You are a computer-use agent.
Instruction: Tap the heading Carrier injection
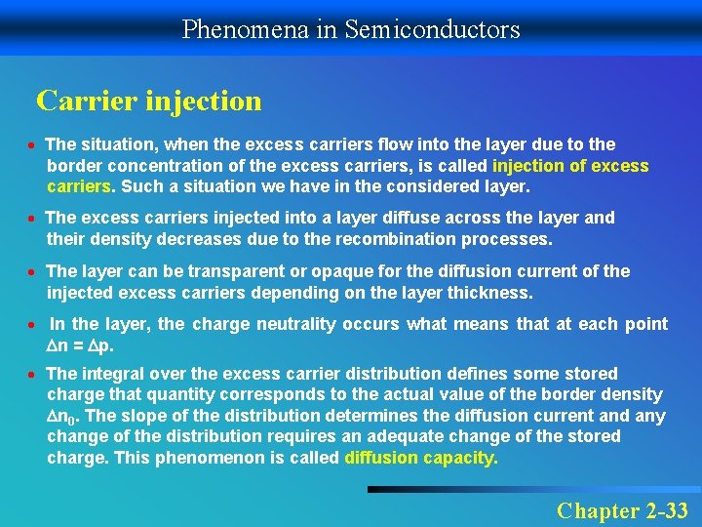pyautogui.click(x=149, y=101)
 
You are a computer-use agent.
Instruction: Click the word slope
pyautogui.click(x=159, y=416)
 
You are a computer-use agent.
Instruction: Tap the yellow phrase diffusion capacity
pyautogui.click(x=421, y=458)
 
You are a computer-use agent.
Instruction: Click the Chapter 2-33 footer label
pyautogui.click(x=622, y=509)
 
